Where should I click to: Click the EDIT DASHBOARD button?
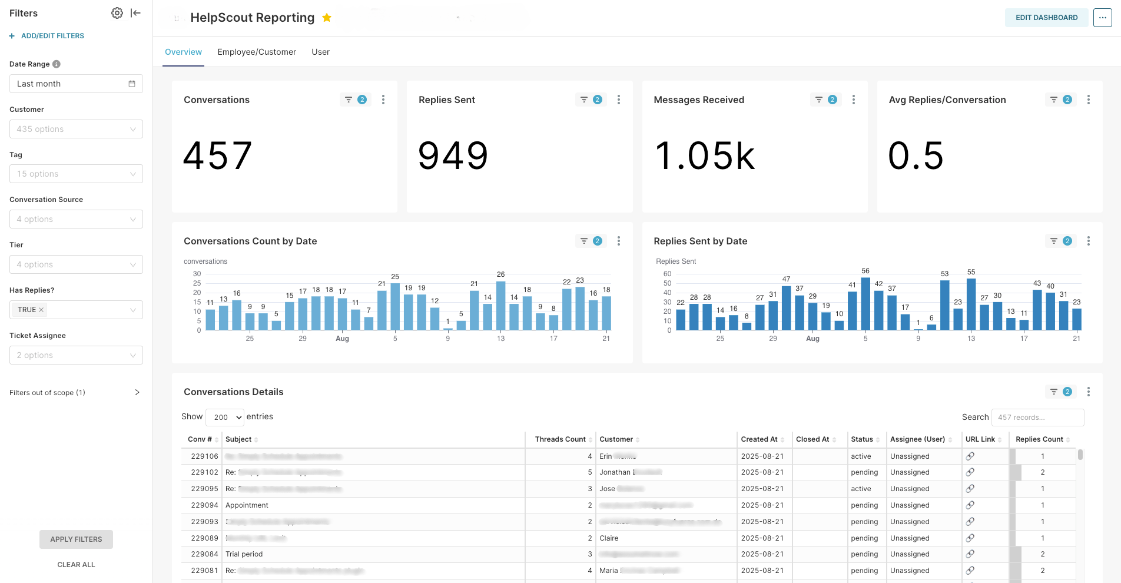[1046, 18]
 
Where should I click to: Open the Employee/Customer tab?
[257, 52]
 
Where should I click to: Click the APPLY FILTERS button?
[76, 539]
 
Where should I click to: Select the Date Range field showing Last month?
[76, 84]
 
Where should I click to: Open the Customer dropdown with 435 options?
[76, 129]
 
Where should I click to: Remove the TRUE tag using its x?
[41, 310]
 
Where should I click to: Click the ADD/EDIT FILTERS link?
[52, 36]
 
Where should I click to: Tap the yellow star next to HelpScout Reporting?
[327, 18]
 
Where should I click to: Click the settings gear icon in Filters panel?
[117, 13]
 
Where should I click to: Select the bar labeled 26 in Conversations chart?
[500, 306]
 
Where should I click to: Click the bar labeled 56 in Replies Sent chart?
[865, 304]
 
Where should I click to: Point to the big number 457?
[218, 156]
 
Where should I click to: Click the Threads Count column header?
[560, 439]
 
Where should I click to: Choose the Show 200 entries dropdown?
[224, 417]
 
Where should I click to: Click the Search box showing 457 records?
[1037, 418]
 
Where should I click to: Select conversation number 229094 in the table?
[204, 505]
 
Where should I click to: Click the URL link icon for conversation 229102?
[970, 472]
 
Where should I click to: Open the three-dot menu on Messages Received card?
[854, 100]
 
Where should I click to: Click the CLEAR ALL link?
[76, 565]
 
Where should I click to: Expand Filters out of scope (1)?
[137, 393]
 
